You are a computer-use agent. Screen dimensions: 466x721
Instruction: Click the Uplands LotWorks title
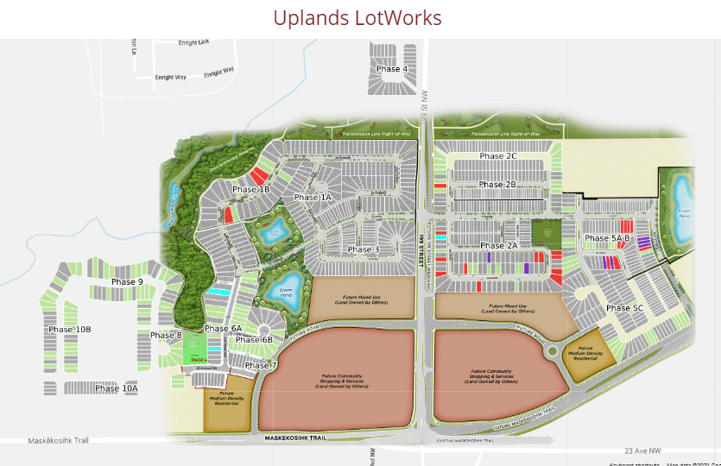357,17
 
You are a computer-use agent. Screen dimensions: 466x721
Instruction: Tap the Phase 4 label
391,69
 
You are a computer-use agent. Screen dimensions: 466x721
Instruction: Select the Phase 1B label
251,190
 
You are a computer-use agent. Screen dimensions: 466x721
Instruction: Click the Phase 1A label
313,198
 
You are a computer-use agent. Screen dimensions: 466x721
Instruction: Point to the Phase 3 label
364,250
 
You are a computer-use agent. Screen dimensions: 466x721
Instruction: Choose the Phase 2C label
498,156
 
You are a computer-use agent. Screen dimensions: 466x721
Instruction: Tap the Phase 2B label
497,185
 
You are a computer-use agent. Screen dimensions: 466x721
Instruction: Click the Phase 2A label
498,246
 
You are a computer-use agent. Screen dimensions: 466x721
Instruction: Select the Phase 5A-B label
608,238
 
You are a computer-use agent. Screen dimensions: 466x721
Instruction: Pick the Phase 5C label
624,308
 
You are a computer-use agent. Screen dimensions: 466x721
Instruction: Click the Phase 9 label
127,282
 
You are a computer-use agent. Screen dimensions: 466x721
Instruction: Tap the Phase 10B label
70,330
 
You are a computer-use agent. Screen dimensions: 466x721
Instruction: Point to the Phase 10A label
117,389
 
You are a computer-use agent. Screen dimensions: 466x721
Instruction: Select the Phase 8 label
166,336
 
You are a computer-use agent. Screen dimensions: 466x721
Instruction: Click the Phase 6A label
224,329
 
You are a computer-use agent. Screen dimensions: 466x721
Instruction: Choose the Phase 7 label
261,366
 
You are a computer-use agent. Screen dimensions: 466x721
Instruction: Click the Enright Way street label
170,78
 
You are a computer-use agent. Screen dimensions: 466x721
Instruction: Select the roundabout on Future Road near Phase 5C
552,351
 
